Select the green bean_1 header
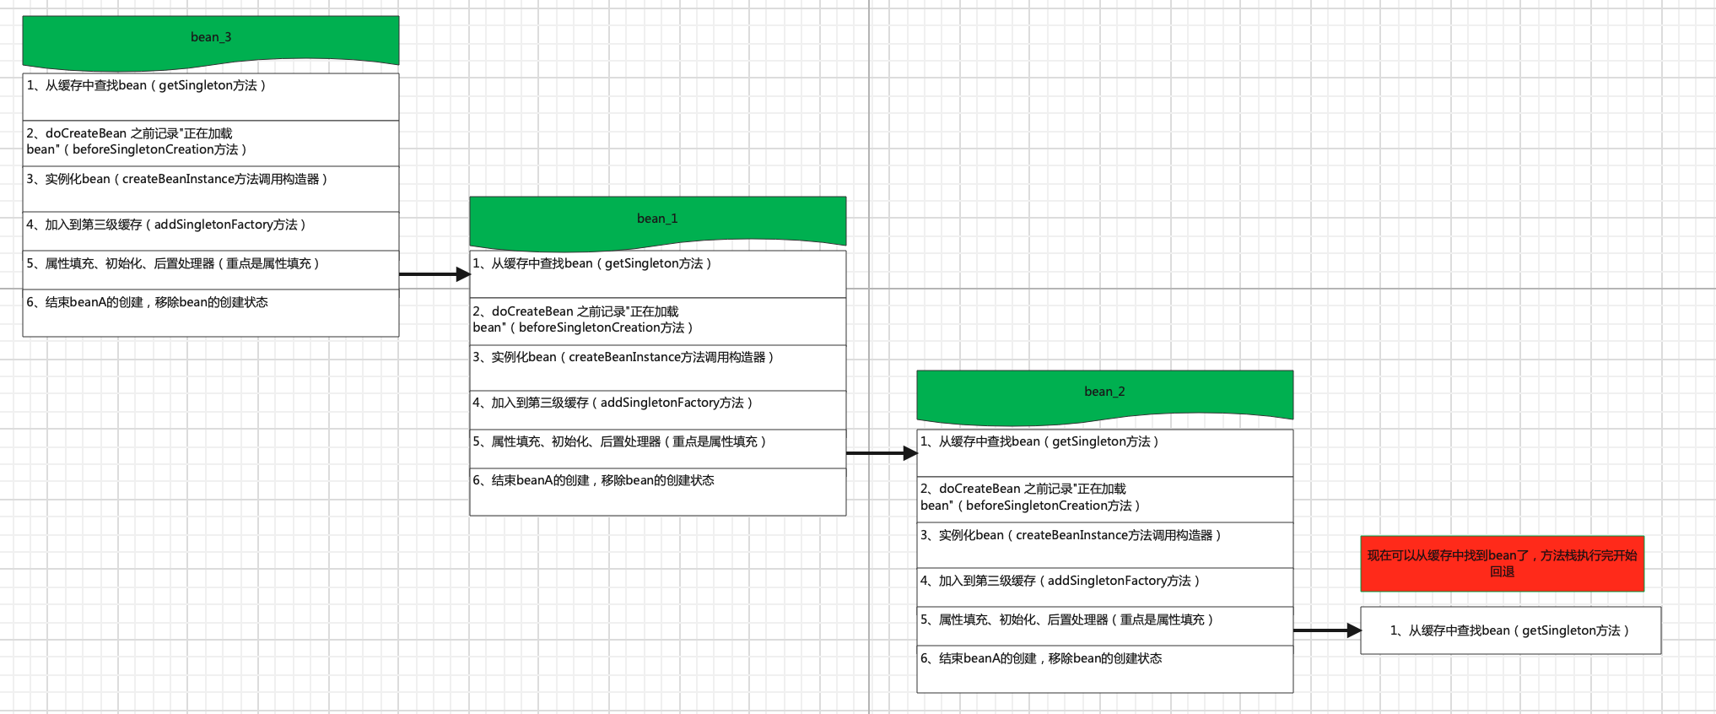[657, 219]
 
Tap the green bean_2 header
[1104, 393]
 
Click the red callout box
[1502, 563]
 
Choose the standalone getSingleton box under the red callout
[1510, 630]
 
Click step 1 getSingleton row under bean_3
[210, 96]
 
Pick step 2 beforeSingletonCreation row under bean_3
[210, 143]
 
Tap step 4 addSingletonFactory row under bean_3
[210, 230]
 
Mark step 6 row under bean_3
[210, 312]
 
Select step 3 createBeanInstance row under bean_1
[657, 367]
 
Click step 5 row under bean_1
[657, 448]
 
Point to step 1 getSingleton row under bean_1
[657, 273]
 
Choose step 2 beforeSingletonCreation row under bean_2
[1104, 499]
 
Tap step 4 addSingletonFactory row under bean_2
[1104, 587]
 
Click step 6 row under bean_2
[1104, 668]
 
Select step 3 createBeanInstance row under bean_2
[1104, 544]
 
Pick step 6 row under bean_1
[657, 491]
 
